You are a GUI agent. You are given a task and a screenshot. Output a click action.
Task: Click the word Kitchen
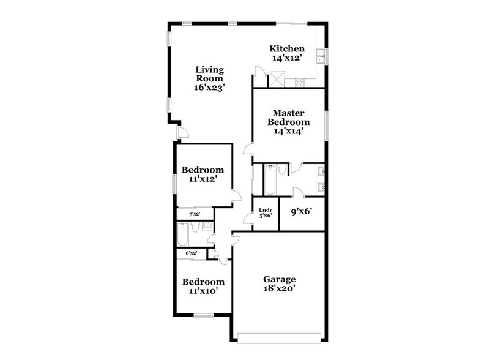click(287, 48)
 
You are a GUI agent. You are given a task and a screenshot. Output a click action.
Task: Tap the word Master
click(289, 113)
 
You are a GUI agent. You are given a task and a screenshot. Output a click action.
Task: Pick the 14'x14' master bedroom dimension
click(288, 130)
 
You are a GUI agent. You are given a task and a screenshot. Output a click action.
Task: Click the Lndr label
click(266, 209)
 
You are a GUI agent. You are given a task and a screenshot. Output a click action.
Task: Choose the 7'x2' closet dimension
click(194, 213)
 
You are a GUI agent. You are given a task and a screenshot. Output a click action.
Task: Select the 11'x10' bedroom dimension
click(203, 291)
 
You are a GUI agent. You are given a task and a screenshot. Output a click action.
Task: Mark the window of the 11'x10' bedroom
click(203, 316)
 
